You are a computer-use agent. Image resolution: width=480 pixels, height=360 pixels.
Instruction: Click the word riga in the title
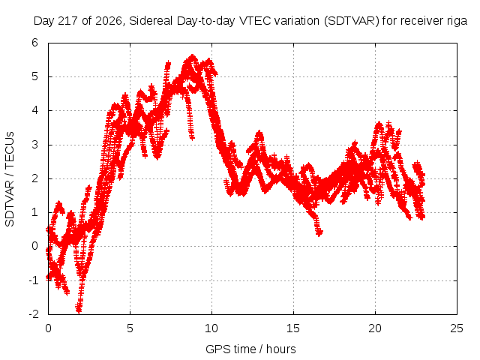(457, 21)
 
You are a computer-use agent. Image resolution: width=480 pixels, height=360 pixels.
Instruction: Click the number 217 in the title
(70, 21)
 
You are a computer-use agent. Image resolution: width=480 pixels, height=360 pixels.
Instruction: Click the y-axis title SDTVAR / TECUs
(10, 179)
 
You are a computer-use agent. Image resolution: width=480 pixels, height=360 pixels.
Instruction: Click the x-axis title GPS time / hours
(250, 349)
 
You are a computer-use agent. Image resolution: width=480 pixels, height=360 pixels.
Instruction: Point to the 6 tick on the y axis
(35, 43)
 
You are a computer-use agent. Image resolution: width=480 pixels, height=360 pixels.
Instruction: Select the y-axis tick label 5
(35, 76)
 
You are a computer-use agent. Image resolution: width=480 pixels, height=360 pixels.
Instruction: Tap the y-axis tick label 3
(35, 145)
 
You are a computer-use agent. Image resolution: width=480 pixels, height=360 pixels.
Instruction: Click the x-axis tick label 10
(211, 328)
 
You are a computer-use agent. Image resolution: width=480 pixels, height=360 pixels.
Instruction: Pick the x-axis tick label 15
(293, 328)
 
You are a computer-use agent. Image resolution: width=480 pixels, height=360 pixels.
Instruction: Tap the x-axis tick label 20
(375, 328)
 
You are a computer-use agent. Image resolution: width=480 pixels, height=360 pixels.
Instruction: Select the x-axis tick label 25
(457, 328)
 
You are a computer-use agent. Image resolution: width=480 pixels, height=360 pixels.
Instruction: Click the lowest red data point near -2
(79, 310)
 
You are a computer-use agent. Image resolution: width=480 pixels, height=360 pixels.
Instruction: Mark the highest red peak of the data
(193, 57)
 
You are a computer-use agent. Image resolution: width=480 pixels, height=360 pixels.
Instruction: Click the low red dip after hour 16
(319, 233)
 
